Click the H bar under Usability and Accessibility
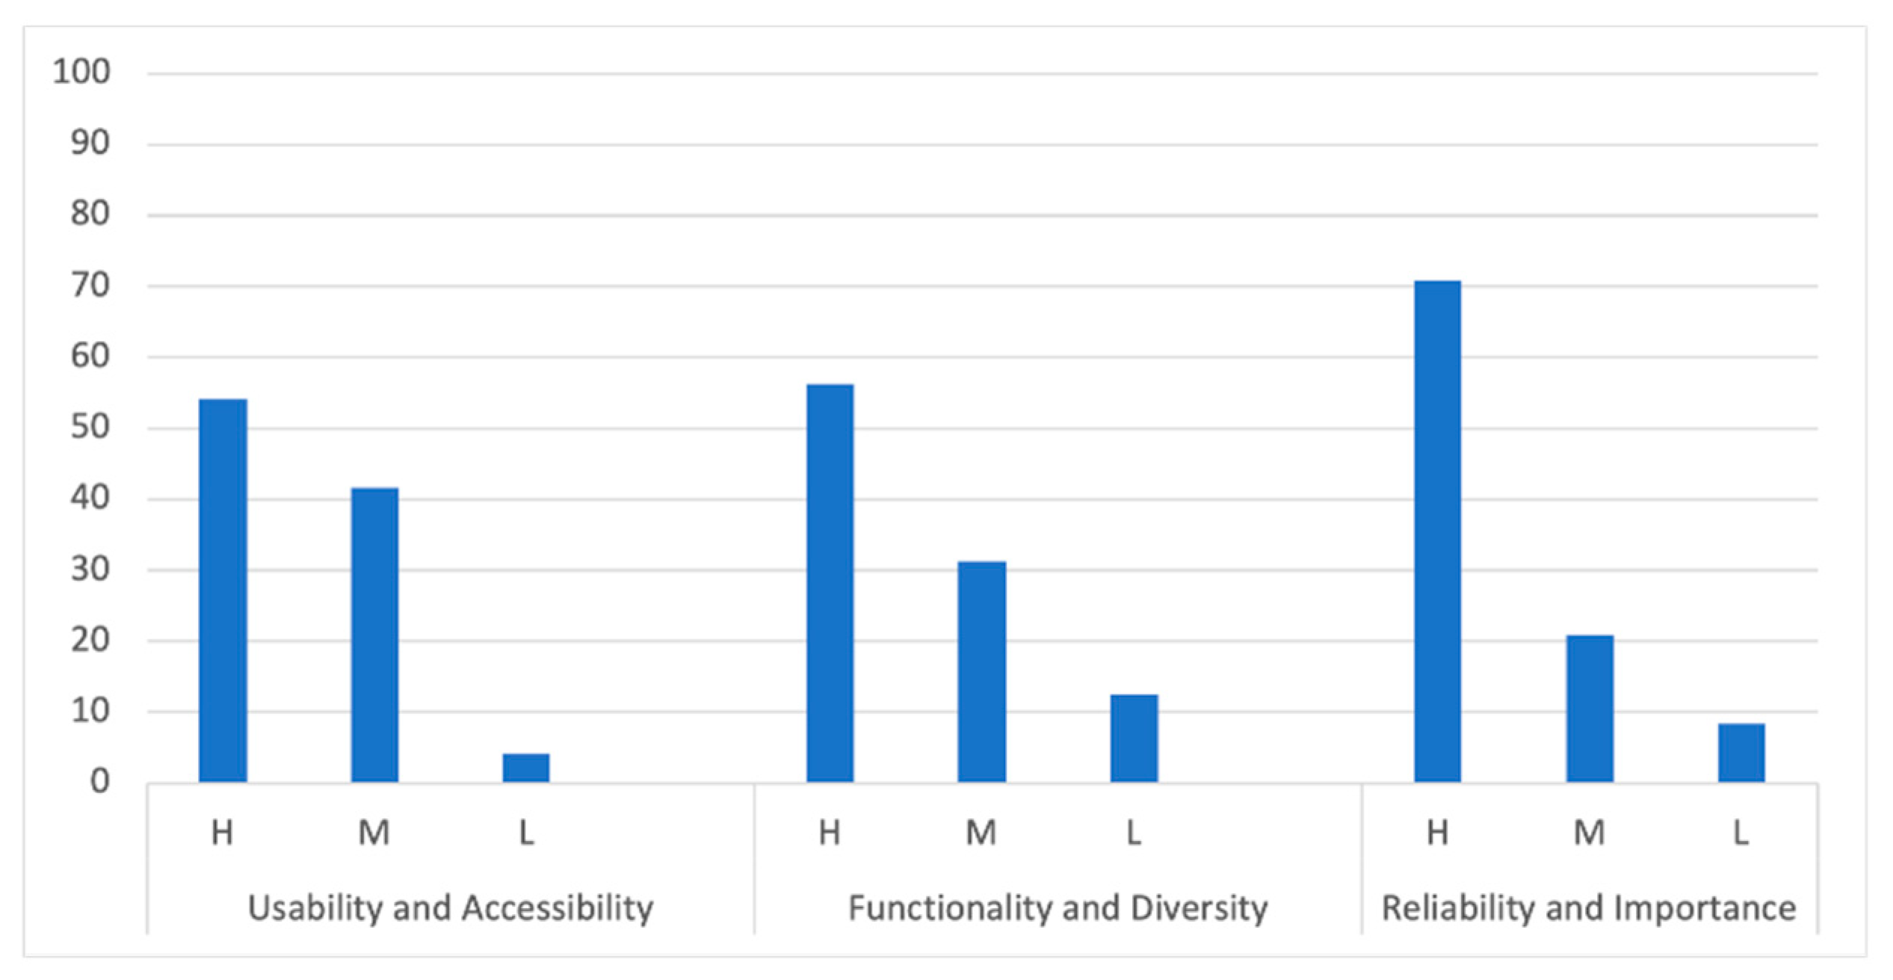point(223,591)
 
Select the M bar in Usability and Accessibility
point(374,635)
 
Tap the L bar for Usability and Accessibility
point(526,768)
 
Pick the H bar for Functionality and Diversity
point(830,583)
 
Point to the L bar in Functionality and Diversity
point(1134,739)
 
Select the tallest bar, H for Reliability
point(1438,531)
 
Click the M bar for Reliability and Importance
point(1590,709)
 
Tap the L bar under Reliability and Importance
point(1742,753)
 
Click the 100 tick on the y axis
point(81,73)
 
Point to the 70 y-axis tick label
point(90,286)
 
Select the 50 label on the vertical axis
point(90,428)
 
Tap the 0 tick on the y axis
point(99,782)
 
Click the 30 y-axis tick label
point(90,570)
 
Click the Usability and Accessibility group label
point(451,909)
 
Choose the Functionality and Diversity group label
point(1058,909)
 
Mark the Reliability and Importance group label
point(1589,909)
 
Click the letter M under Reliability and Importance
point(1589,833)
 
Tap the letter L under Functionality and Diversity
point(1134,833)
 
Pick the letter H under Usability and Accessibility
point(222,833)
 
